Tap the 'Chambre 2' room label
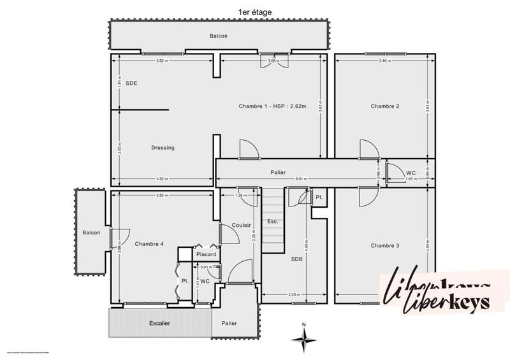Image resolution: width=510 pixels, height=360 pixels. coord(384,106)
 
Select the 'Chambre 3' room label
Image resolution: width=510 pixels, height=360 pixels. coord(384,245)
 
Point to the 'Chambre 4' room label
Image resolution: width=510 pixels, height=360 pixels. coord(149,244)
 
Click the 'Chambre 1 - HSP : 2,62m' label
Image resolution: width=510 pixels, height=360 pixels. coord(273,106)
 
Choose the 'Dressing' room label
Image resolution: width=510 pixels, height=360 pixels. coord(163,148)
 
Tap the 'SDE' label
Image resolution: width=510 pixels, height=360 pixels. coord(132,83)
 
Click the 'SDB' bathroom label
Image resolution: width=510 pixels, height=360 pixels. coord(297,259)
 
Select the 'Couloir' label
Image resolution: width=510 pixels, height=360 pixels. coord(241,225)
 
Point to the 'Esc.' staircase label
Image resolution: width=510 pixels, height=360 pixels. coord(273,222)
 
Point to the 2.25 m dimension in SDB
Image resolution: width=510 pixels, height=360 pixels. coord(293,294)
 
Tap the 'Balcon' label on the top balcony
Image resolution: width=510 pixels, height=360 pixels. coord(218,36)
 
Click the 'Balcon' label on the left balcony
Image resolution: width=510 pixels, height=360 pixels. coord(91,233)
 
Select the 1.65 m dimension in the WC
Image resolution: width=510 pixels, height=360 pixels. coord(411,179)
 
